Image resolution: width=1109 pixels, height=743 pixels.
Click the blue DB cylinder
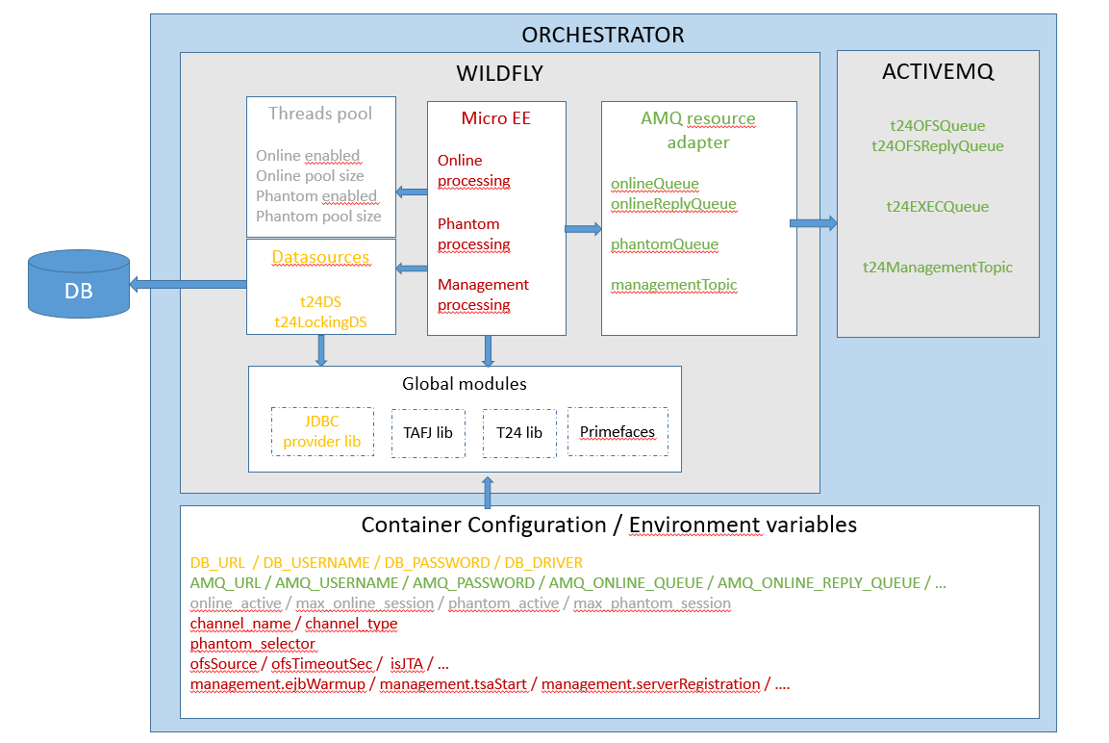(79, 285)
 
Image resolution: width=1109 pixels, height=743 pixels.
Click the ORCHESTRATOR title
(602, 36)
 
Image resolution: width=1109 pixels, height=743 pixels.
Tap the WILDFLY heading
(500, 74)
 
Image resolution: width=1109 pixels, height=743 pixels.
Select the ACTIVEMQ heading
(938, 72)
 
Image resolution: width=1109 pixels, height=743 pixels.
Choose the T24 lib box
(519, 432)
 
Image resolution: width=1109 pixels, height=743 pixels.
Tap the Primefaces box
(618, 432)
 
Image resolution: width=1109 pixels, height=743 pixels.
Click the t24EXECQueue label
(938, 207)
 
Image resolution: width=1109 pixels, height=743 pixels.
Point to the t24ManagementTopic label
(938, 268)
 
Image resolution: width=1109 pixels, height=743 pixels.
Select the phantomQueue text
(665, 244)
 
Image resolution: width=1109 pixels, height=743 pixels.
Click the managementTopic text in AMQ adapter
(673, 285)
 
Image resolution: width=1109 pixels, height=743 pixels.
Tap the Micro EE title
(496, 118)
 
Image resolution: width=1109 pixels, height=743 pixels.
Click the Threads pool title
(320, 114)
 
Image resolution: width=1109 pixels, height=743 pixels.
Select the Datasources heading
(320, 257)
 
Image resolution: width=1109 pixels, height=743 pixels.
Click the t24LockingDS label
(320, 322)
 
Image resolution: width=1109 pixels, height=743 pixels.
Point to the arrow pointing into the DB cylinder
(188, 283)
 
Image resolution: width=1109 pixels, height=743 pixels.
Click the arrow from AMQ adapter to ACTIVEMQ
(814, 223)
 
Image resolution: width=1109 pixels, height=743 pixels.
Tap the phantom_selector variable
(253, 643)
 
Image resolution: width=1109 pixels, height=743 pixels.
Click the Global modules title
(465, 384)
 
